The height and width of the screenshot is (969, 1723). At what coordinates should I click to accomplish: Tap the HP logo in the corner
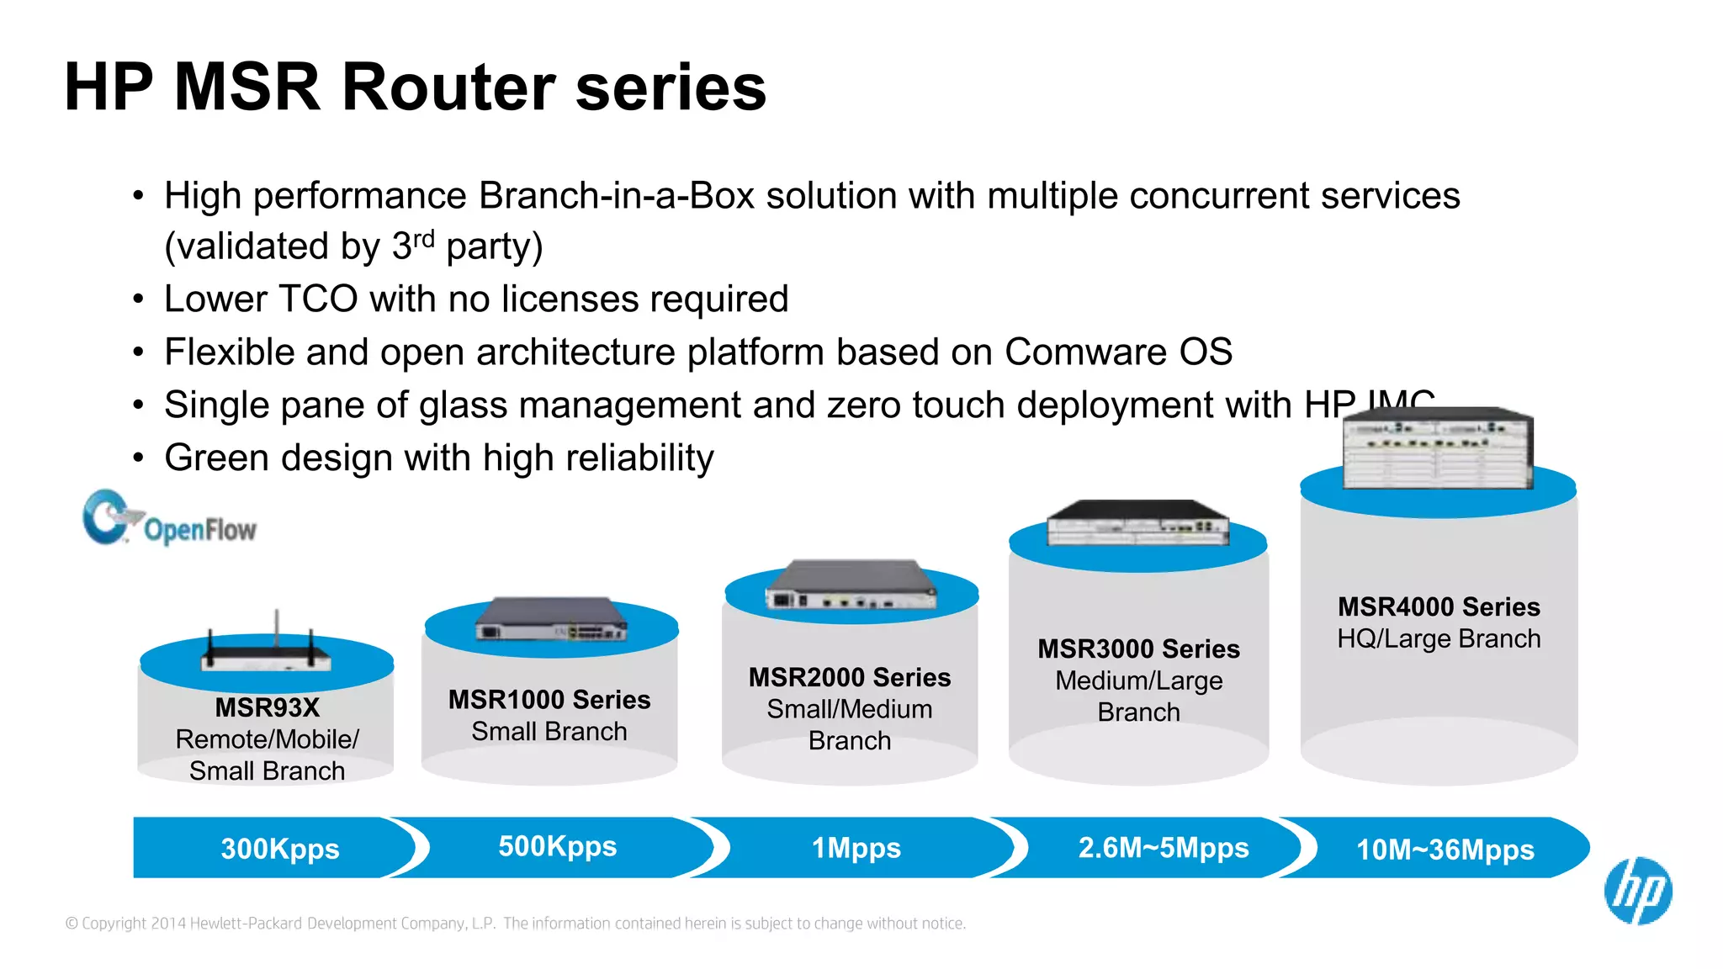(x=1637, y=891)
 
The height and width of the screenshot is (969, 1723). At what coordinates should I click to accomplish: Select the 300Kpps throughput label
(x=280, y=849)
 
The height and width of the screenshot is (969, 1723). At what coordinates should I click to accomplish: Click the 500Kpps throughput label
(x=557, y=846)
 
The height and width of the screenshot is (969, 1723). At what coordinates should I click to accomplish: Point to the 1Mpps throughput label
(x=856, y=848)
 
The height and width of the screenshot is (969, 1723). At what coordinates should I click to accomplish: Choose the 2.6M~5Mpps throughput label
(x=1163, y=848)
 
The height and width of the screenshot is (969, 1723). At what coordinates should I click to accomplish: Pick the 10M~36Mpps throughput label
(x=1445, y=850)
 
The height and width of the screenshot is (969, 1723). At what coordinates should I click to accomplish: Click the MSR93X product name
(x=267, y=707)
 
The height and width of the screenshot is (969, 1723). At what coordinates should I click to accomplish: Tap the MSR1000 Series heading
(x=549, y=700)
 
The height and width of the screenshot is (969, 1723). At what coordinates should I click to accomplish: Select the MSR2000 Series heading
(x=849, y=677)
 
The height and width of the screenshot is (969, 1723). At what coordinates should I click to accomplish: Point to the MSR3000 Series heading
(x=1138, y=649)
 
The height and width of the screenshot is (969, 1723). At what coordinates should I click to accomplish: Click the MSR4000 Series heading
(x=1439, y=606)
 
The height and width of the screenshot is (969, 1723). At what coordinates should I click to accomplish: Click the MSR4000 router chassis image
(x=1437, y=449)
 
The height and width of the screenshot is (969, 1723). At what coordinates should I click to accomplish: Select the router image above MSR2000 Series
(x=851, y=585)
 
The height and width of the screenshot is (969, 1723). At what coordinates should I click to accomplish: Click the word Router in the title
(x=448, y=87)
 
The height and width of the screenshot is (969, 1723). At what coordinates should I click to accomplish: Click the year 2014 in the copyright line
(x=168, y=924)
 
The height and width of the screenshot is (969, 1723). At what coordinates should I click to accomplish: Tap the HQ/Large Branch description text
(x=1439, y=639)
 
